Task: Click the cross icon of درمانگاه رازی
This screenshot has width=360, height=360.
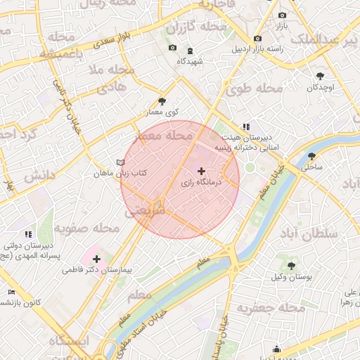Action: tap(202, 171)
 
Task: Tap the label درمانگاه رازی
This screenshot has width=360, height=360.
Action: tap(201, 182)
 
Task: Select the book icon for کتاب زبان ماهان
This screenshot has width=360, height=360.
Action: tap(120, 162)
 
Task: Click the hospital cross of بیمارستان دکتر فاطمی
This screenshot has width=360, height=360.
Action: tap(96, 259)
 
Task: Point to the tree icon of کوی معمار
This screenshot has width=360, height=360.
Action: tap(162, 101)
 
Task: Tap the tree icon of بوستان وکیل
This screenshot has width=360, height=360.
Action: tap(291, 266)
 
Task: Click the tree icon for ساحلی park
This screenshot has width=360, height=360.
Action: tap(311, 156)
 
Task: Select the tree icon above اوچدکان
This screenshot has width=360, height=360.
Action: tap(321, 75)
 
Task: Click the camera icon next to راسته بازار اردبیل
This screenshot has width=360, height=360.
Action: tap(258, 38)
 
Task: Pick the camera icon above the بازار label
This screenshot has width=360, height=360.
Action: tap(282, 15)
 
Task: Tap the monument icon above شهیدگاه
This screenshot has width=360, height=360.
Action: tap(190, 51)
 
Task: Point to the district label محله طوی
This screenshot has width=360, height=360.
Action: tap(255, 89)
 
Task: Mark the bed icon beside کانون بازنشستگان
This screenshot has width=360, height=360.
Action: tap(11, 292)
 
